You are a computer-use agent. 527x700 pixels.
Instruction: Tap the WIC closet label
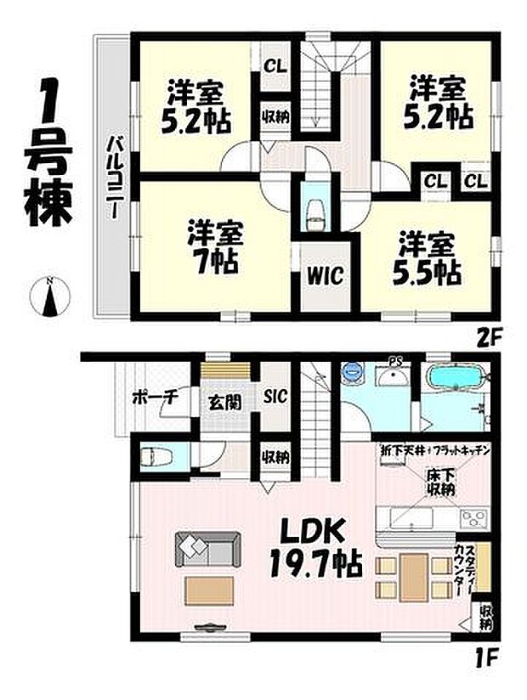pyautogui.click(x=325, y=276)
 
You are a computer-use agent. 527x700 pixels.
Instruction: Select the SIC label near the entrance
pyautogui.click(x=275, y=396)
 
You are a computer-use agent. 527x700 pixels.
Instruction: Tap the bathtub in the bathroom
pyautogui.click(x=457, y=377)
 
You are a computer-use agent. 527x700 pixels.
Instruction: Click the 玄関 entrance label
pyautogui.click(x=224, y=401)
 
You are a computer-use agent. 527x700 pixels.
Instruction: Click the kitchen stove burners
pyautogui.click(x=472, y=518)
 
